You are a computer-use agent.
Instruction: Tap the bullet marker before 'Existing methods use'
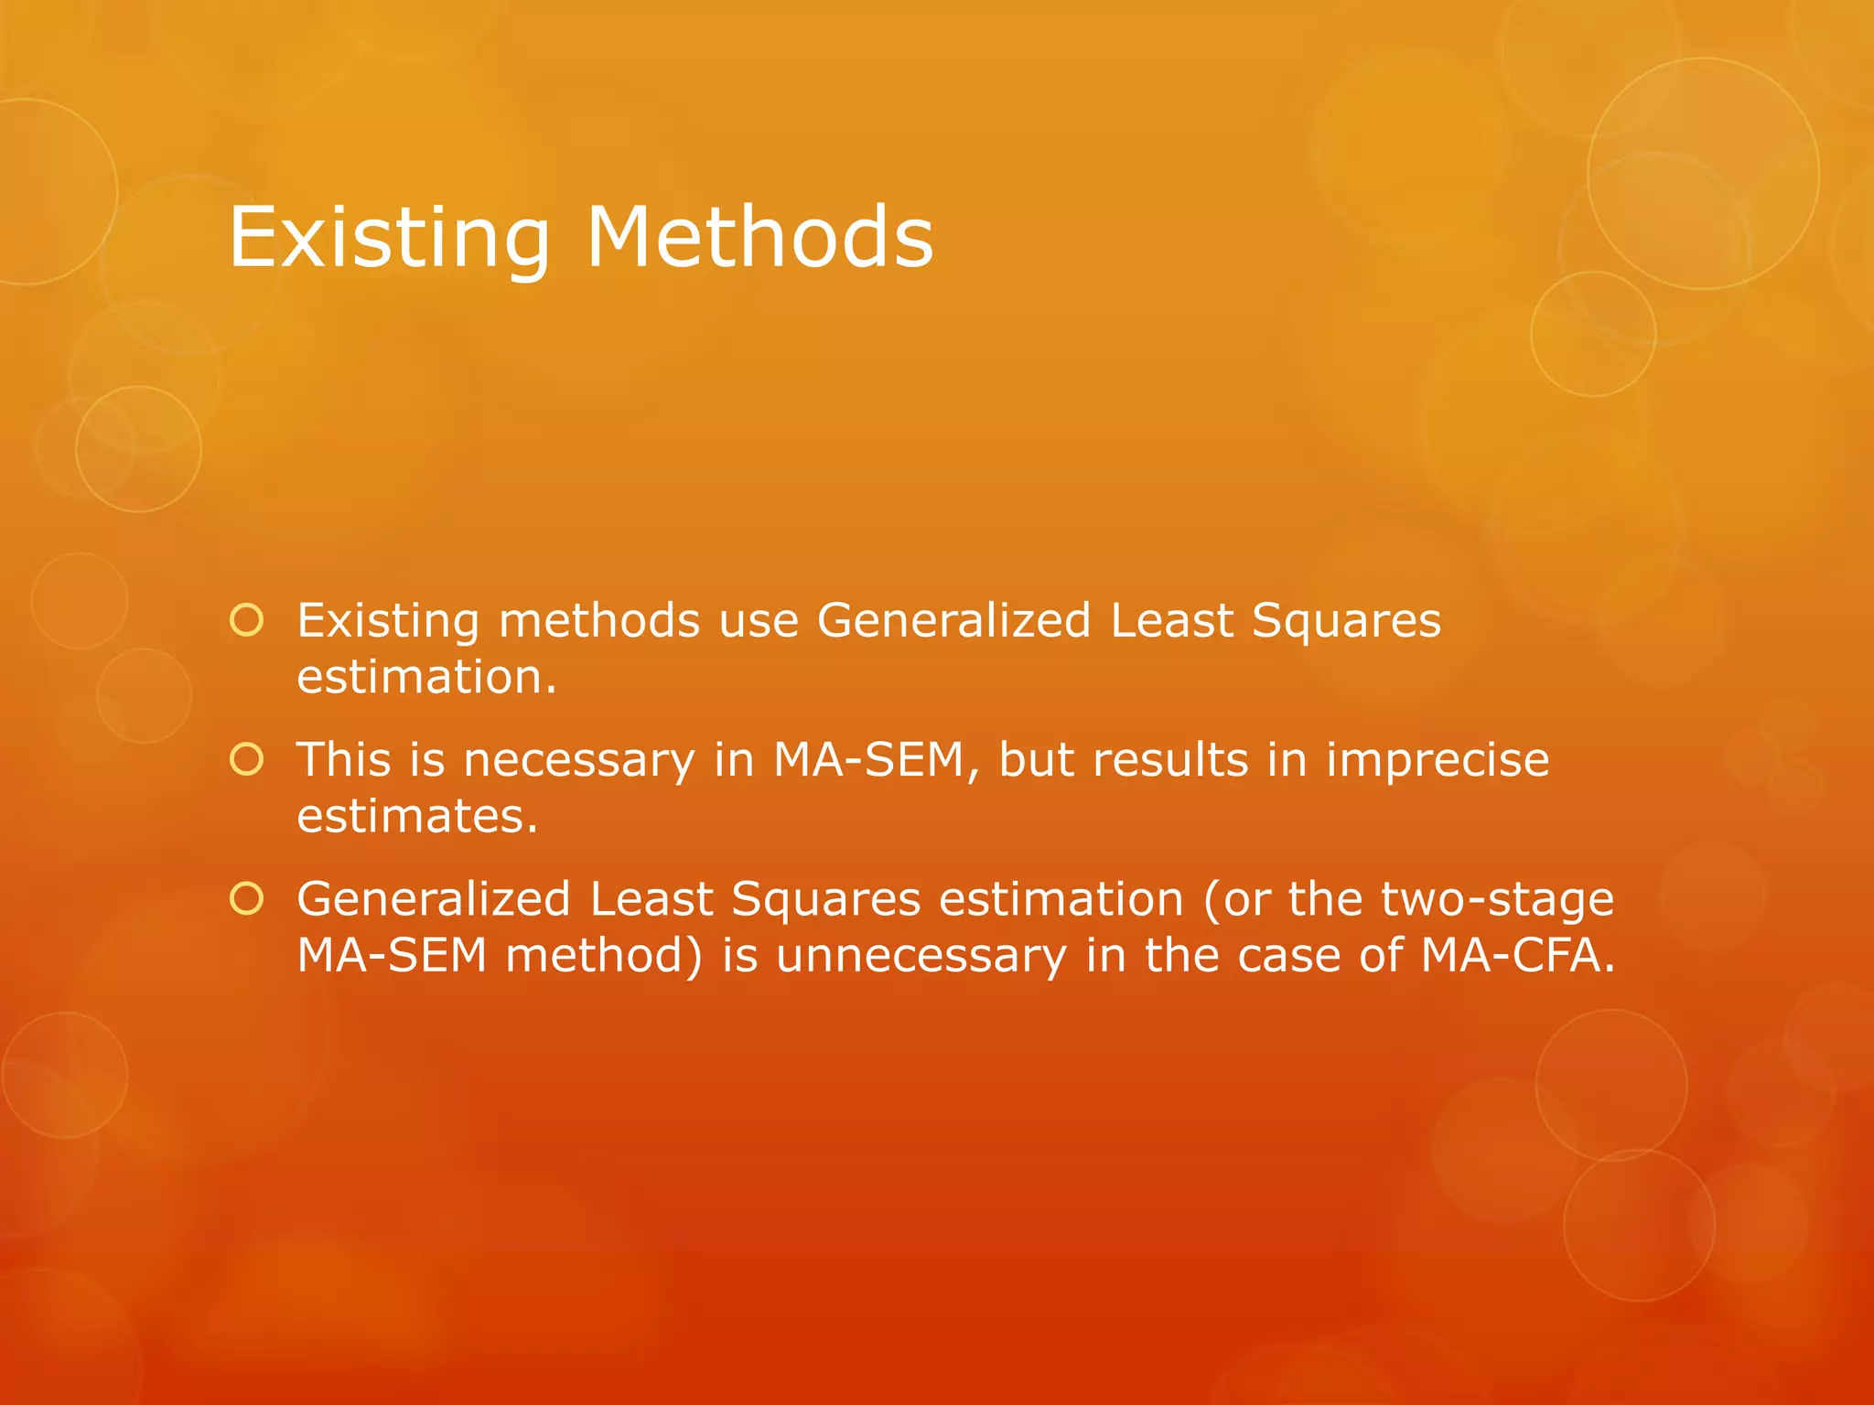(x=246, y=620)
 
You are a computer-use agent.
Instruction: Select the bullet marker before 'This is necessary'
(x=246, y=759)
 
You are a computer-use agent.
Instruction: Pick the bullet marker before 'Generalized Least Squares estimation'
(x=246, y=898)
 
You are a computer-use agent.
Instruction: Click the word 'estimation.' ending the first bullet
(x=426, y=678)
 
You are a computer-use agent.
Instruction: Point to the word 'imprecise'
(x=1438, y=760)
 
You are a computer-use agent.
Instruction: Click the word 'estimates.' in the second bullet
(x=417, y=816)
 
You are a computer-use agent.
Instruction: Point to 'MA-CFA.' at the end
(x=1518, y=956)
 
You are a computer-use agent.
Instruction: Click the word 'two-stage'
(x=1451, y=900)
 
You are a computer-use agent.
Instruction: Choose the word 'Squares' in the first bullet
(x=1346, y=622)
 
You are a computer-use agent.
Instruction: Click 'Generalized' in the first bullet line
(x=953, y=621)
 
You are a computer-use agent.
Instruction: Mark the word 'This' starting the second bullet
(x=343, y=760)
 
